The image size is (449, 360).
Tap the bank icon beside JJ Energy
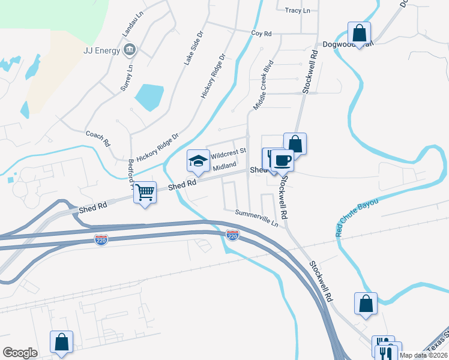point(128,50)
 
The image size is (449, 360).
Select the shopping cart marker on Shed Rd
point(145,192)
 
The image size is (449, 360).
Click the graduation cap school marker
point(198,160)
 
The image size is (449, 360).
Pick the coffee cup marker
point(282,160)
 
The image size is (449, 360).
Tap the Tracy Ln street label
point(298,11)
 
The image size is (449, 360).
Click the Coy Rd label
point(262,34)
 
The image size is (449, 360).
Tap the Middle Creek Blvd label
point(263,84)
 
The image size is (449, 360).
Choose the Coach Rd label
point(98,139)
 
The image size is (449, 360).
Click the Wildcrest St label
point(228,152)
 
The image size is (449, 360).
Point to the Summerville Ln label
point(258,217)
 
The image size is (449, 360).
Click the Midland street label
point(224,166)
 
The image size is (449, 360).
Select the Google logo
point(20,352)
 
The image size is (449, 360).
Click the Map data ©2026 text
point(423,355)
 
